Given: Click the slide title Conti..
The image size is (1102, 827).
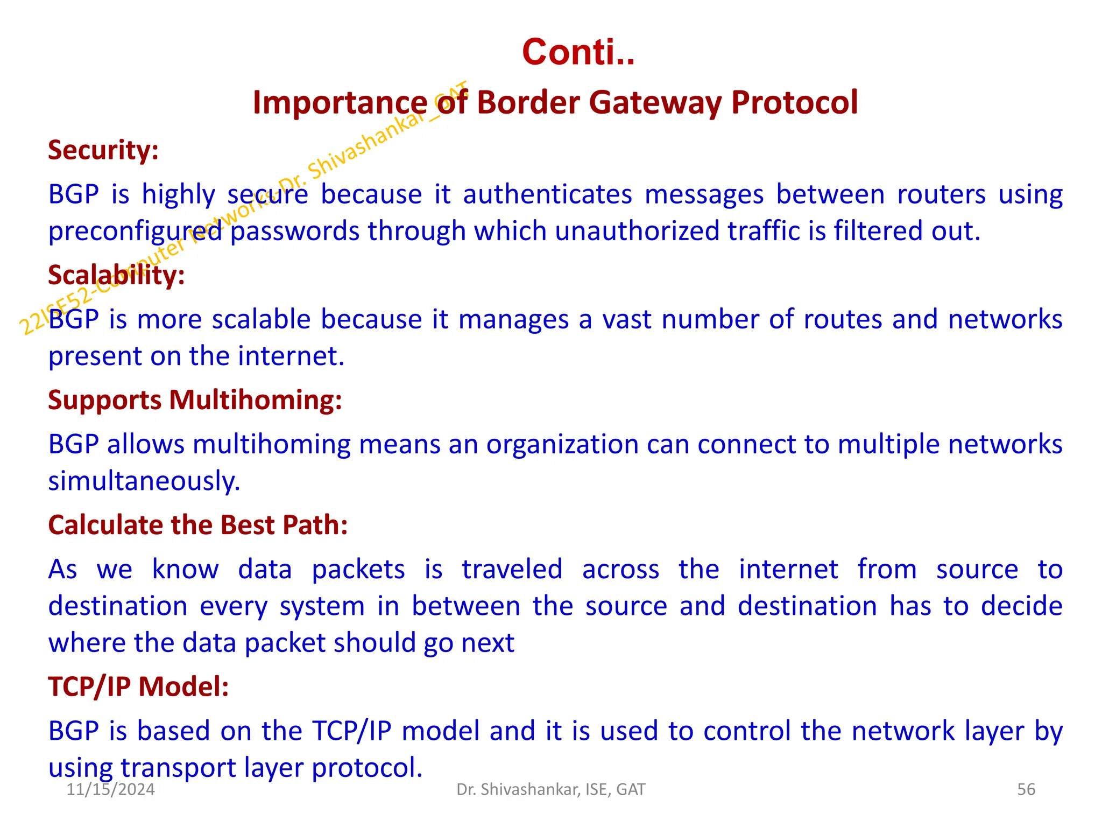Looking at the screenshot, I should tap(578, 53).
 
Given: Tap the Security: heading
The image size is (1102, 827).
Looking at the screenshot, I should tap(103, 150).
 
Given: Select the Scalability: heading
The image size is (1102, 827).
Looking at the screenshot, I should tap(116, 275).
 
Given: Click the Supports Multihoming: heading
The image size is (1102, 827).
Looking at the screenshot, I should tap(195, 400).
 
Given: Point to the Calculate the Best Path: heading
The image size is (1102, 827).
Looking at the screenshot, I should tap(197, 525).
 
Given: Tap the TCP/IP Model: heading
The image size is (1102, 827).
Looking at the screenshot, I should tap(138, 687).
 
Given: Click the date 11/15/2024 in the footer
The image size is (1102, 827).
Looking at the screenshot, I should tap(110, 789).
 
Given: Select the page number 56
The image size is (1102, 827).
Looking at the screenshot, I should tap(1026, 789).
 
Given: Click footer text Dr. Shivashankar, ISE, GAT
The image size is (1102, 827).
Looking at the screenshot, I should tap(550, 789).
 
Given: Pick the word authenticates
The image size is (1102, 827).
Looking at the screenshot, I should tap(547, 194).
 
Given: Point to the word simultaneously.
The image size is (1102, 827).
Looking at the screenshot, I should tap(144, 481).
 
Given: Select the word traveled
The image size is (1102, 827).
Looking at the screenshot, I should tap(512, 570).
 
